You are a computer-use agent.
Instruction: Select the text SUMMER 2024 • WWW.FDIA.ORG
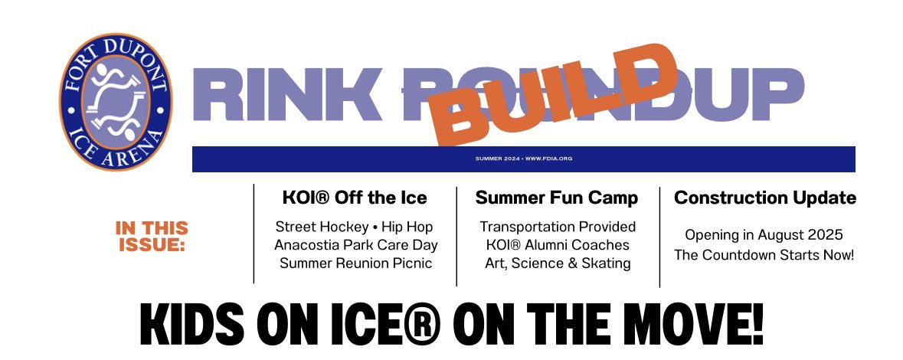click(524, 159)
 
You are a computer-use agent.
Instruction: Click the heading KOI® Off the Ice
click(355, 198)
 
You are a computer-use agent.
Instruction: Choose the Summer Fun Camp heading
click(557, 198)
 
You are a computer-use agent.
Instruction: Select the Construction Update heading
click(764, 198)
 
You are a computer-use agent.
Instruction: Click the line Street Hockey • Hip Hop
click(355, 227)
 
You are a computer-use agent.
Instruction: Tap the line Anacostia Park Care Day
click(355, 245)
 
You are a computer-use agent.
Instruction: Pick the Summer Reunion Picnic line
click(355, 263)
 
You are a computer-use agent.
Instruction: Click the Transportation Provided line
click(558, 227)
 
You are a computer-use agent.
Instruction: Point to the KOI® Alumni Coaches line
click(558, 245)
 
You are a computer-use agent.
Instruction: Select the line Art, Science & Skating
click(558, 263)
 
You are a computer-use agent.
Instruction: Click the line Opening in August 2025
click(764, 235)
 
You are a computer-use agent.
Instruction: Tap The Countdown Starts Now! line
click(764, 254)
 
